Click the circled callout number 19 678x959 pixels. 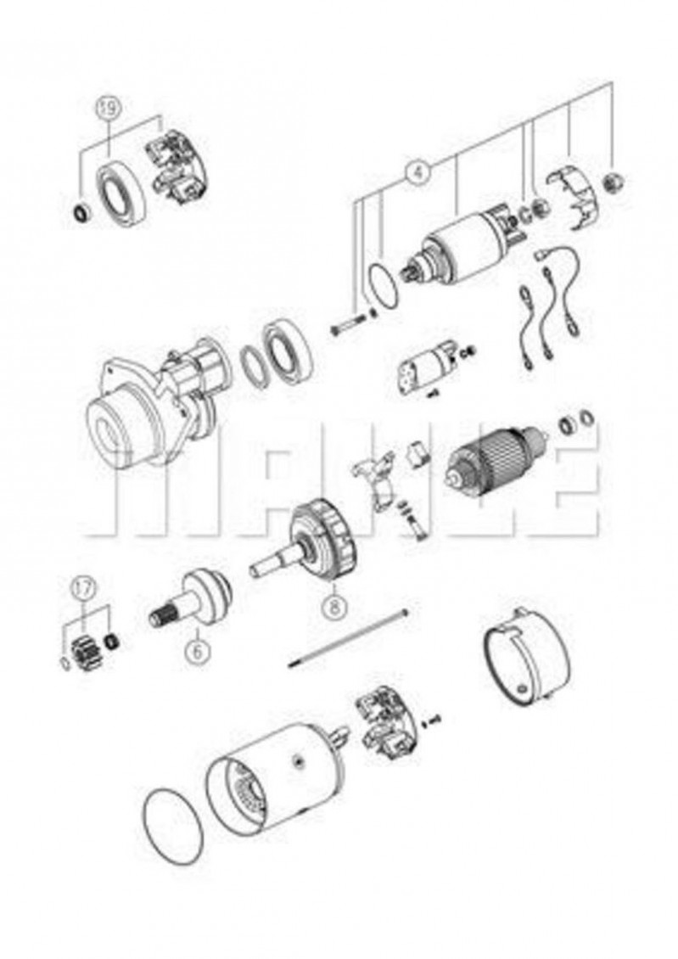pos(109,109)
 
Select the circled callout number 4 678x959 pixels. pos(417,171)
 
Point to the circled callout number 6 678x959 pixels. pos(197,651)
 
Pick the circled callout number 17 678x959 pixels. pos(84,588)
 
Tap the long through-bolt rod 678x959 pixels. pos(349,637)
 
